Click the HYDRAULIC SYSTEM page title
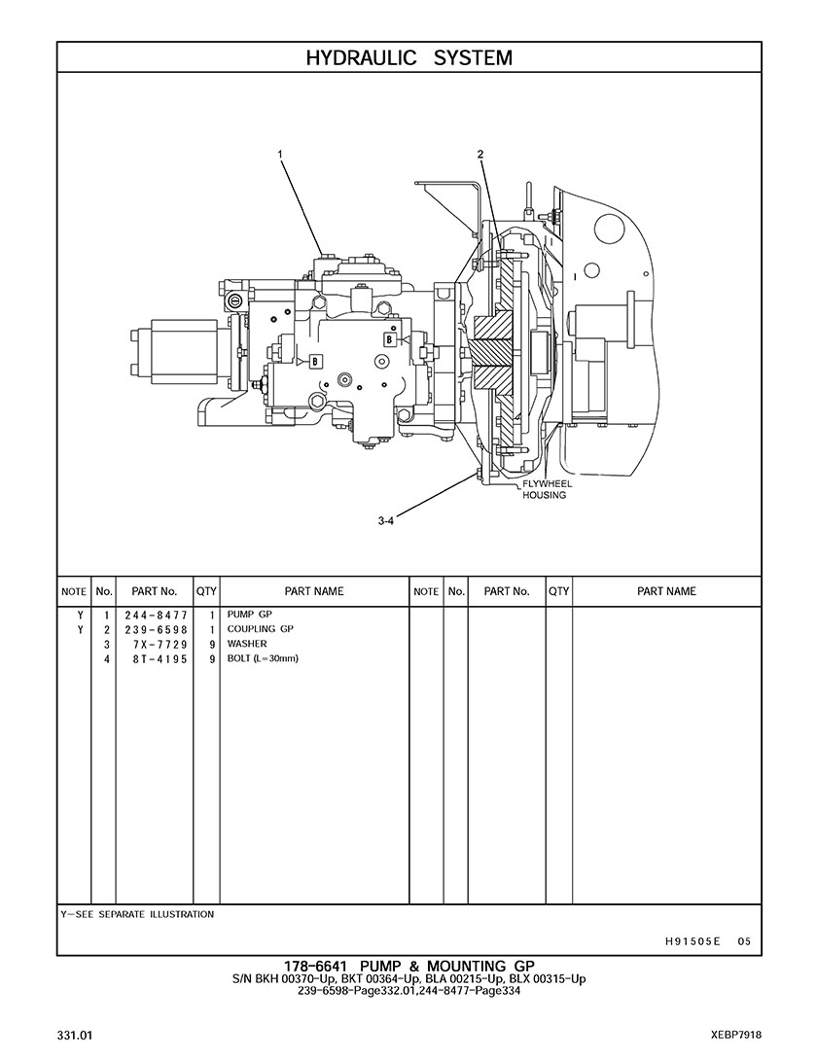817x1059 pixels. point(408,57)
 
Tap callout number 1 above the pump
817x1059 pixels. point(280,154)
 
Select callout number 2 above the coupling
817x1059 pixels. point(480,154)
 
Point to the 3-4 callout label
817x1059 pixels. point(385,520)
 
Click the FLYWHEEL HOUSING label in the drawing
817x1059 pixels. point(545,489)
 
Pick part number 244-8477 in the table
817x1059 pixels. point(156,616)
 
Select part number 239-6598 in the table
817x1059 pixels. point(156,629)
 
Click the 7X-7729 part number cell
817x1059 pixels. point(160,645)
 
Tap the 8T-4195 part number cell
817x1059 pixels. point(160,658)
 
